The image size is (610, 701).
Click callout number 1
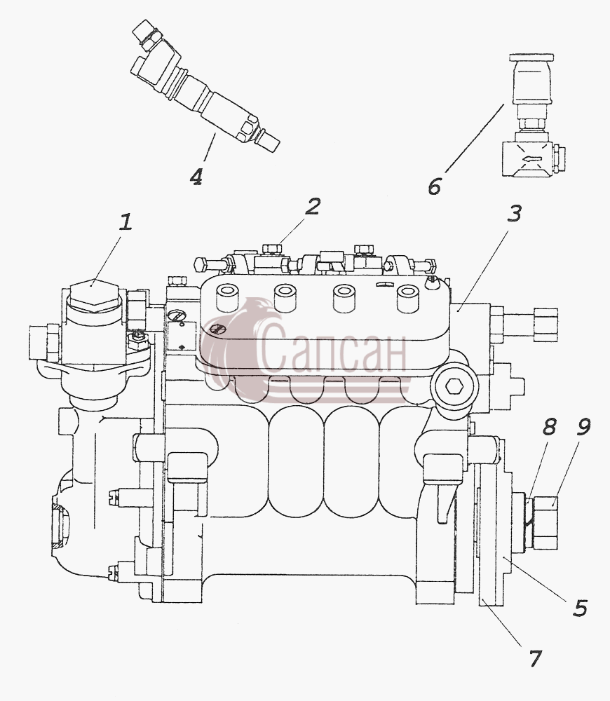coord(126,222)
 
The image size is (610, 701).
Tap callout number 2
coord(313,206)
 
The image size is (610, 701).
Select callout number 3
coord(515,214)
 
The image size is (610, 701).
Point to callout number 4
coord(196,177)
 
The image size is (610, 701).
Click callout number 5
coord(581,608)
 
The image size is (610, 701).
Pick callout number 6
coord(434,186)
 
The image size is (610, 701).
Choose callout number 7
coord(535,658)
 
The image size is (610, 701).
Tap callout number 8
coord(549,427)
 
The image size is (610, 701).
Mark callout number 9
coord(582,427)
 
